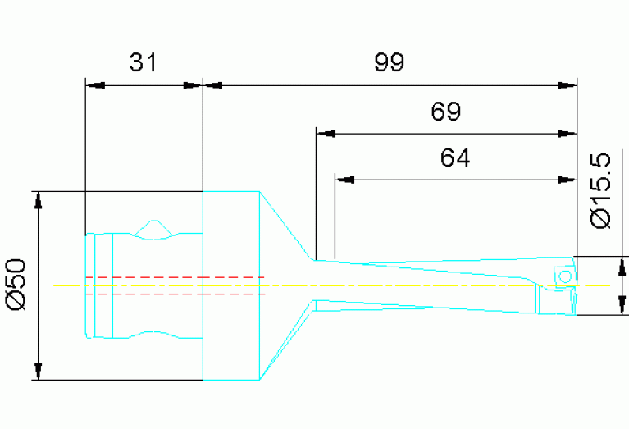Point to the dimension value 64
455,157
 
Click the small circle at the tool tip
564,276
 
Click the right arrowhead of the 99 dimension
567,84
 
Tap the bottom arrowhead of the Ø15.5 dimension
624,307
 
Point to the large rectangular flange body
231,285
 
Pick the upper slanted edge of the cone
286,226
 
